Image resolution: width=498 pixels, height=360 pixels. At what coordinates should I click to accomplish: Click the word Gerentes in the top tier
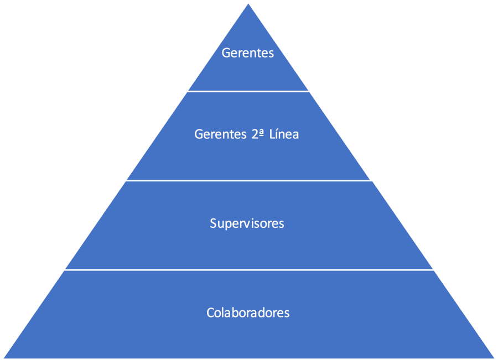point(248,53)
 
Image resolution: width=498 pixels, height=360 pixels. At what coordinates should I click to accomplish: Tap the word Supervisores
point(247,223)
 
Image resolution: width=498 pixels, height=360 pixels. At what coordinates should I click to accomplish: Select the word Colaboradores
point(248,312)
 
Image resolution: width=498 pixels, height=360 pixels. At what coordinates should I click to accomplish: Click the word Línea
point(283,134)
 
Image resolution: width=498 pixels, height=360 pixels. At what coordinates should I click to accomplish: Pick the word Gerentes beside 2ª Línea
point(218,134)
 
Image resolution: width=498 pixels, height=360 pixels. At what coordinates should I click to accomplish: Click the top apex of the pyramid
point(248,5)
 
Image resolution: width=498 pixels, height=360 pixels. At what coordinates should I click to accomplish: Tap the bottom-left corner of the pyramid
point(5,357)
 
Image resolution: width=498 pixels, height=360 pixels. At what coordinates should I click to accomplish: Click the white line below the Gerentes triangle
point(248,91)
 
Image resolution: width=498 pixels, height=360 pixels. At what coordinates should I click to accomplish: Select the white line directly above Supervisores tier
point(248,181)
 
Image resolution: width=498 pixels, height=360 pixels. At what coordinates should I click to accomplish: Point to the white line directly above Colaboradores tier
point(248,270)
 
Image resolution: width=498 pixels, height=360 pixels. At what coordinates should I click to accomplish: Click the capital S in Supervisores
point(213,223)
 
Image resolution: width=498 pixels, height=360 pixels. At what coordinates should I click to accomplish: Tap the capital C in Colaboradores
point(210,312)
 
